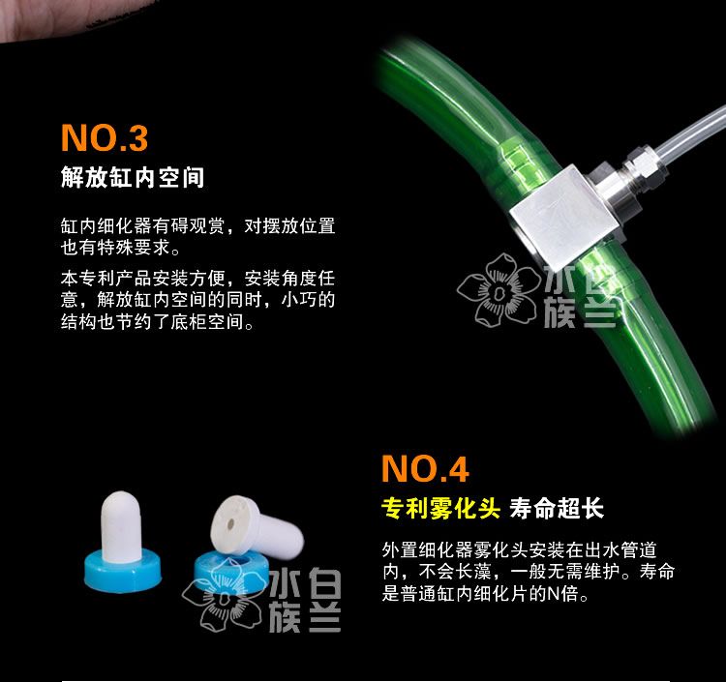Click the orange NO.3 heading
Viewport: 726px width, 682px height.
click(x=105, y=138)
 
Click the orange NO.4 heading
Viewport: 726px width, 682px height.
click(x=425, y=468)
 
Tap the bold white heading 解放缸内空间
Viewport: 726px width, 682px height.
click(x=133, y=177)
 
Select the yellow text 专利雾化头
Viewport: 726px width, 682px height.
click(x=440, y=508)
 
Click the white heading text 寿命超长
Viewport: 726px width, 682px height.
click(x=557, y=508)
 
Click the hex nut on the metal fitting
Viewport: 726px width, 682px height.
click(x=646, y=165)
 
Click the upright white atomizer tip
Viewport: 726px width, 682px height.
click(x=120, y=526)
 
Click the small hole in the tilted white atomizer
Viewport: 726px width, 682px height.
click(x=230, y=525)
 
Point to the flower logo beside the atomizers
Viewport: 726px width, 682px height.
click(x=223, y=597)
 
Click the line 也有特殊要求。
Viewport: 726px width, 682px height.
click(x=120, y=248)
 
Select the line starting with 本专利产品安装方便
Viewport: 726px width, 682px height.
click(x=197, y=278)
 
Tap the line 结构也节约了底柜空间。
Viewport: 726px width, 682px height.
click(x=158, y=321)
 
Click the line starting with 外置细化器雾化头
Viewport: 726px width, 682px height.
click(x=520, y=550)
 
